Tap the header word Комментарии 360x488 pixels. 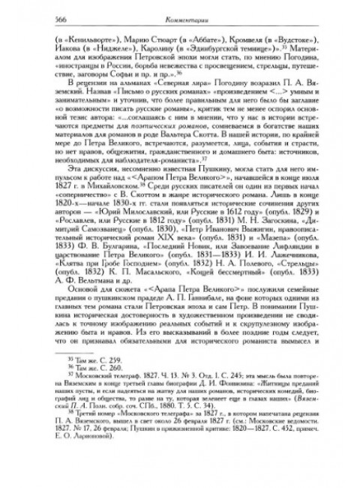pos(179,20)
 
